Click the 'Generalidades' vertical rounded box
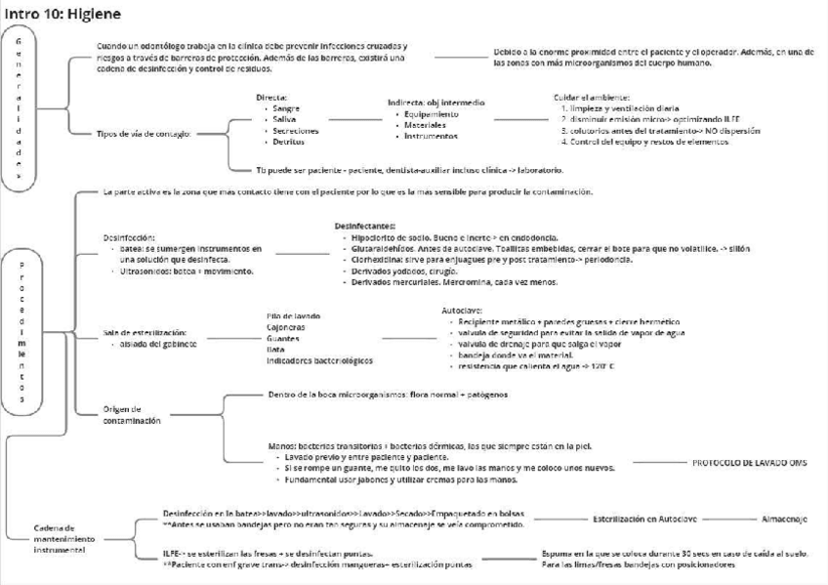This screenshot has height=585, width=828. coord(19,107)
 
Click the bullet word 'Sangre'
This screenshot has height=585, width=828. coord(286,108)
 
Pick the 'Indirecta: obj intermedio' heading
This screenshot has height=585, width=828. coord(435,103)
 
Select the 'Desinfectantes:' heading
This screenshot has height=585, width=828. coord(365,226)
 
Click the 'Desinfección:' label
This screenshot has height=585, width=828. coord(129,237)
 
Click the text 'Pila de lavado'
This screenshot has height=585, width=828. coord(293,315)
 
